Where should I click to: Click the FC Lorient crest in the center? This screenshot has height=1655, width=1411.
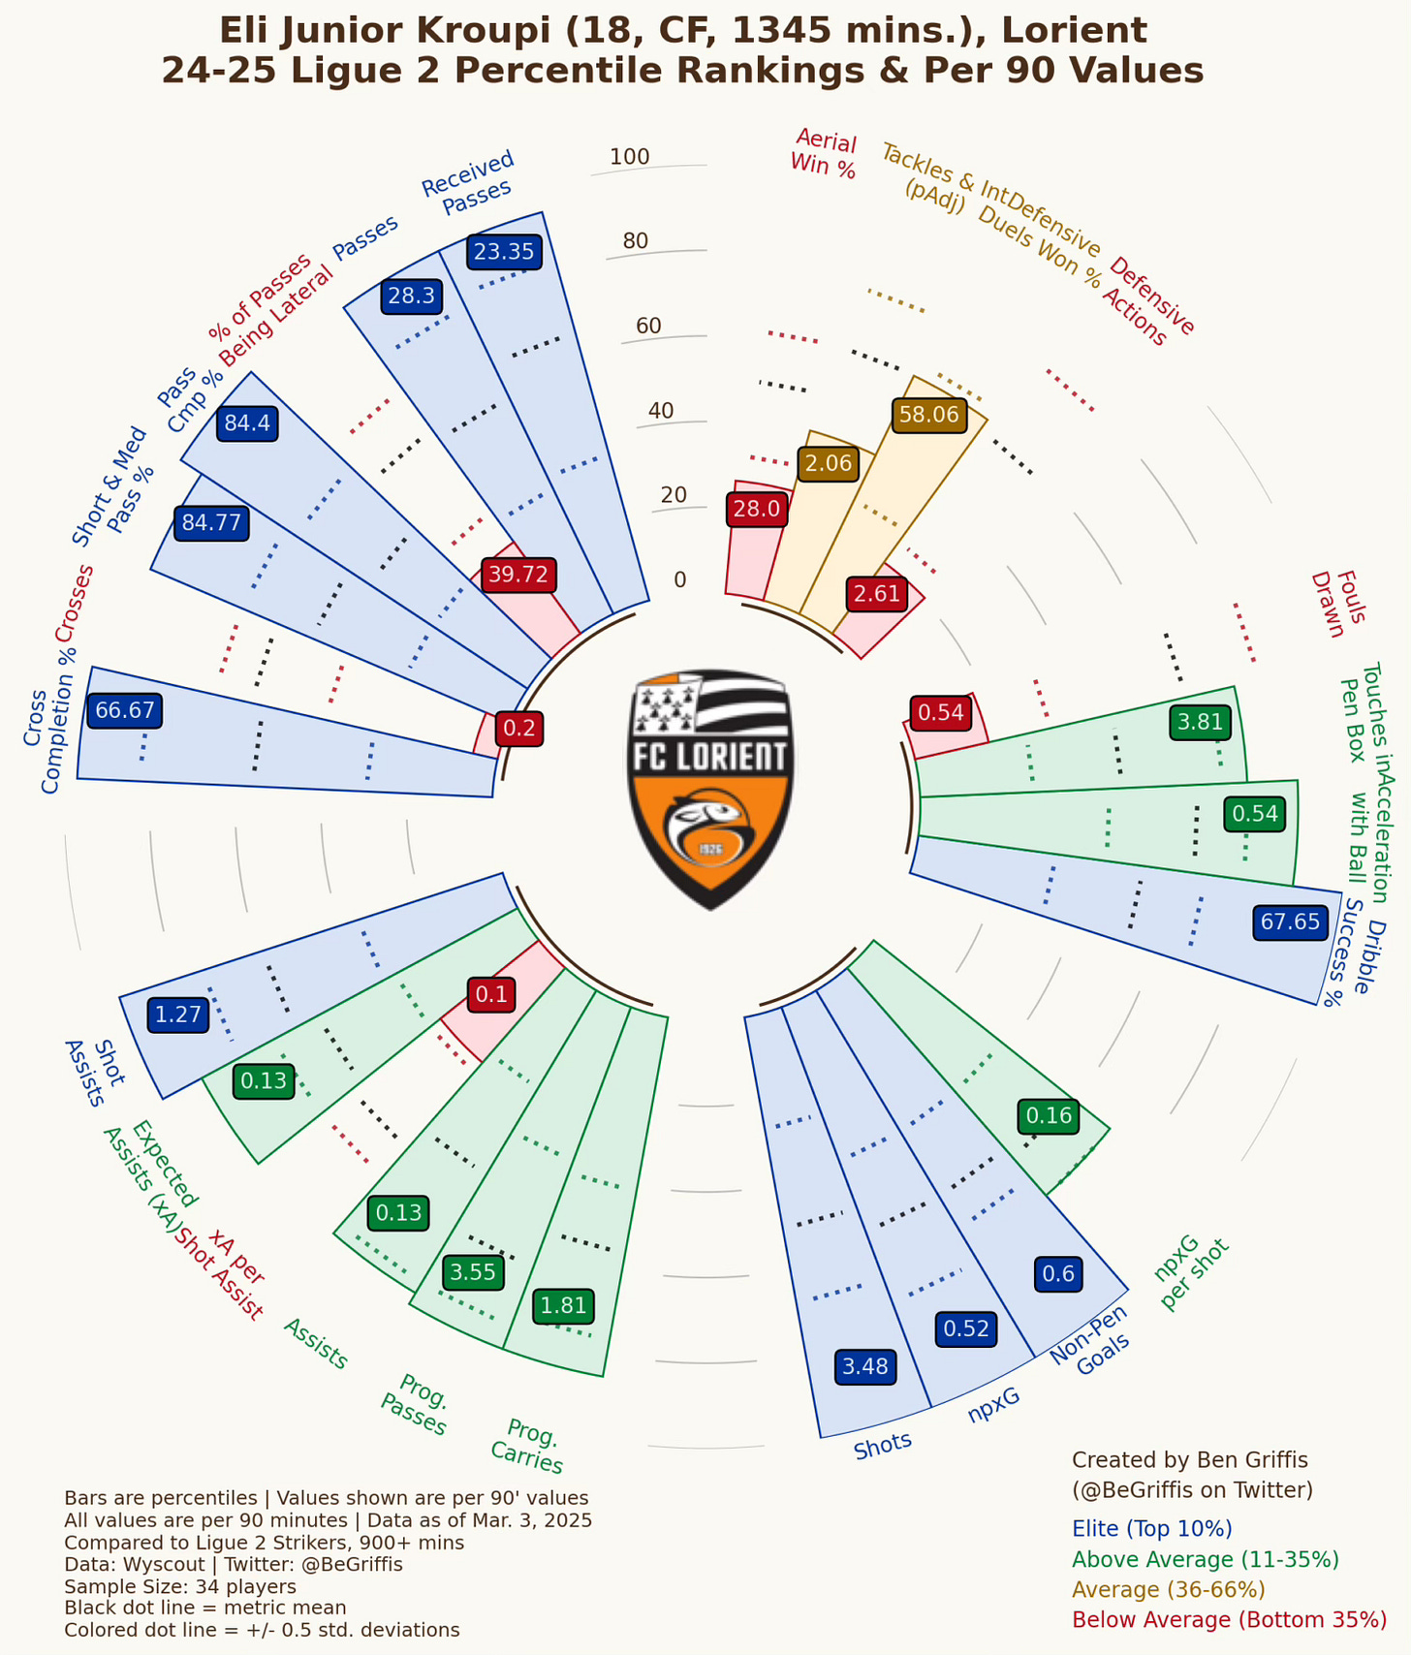711,789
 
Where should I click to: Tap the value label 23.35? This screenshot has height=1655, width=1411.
504,252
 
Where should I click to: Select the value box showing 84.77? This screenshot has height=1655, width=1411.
211,523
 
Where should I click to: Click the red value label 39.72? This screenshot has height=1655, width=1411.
518,575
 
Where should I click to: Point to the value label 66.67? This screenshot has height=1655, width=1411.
125,710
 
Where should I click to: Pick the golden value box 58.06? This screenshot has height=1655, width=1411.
928,415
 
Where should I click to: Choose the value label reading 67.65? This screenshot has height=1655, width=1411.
1290,921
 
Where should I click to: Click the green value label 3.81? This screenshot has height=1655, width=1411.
1201,721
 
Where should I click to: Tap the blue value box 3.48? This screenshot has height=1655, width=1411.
865,1367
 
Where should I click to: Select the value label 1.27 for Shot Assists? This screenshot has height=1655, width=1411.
178,1015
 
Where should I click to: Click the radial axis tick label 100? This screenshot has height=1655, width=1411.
630,157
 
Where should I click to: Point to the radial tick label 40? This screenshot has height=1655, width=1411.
661,411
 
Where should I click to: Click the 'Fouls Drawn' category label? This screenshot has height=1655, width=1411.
1337,605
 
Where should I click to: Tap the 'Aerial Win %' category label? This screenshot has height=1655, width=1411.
824,153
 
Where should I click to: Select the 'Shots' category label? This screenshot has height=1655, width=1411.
883,1444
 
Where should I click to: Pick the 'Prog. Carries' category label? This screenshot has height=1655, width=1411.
529,1447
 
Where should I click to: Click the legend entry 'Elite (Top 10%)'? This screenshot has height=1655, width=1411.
1151,1529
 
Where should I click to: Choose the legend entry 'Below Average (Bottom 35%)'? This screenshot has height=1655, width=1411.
1229,1619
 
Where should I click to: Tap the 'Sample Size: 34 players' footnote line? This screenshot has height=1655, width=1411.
180,1586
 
